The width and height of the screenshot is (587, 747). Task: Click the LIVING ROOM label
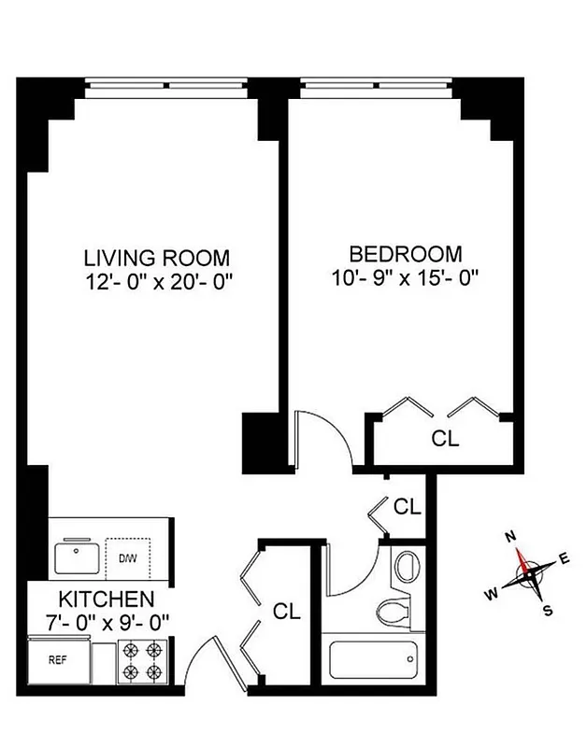[157, 257]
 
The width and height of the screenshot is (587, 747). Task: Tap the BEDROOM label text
[405, 253]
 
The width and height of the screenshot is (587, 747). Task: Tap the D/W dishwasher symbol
[127, 558]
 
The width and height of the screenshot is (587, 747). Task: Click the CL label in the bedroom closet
[445, 439]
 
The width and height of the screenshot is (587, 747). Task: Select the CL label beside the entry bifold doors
[287, 612]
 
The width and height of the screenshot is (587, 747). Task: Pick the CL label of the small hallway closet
[408, 507]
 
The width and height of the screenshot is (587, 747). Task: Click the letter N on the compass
[511, 537]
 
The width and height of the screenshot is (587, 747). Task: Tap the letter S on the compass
[549, 612]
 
